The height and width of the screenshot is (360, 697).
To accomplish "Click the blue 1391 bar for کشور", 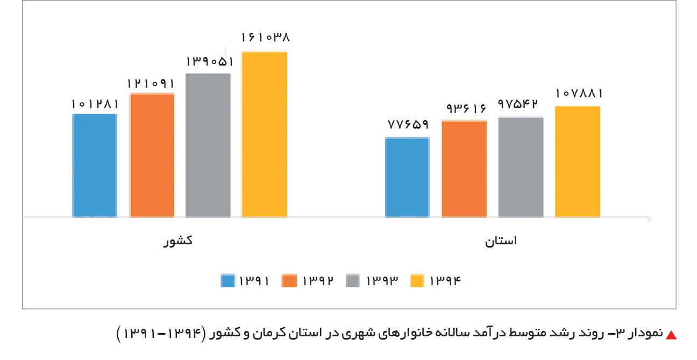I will tap(95, 165).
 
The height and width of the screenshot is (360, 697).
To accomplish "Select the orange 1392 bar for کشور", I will tap(152, 155).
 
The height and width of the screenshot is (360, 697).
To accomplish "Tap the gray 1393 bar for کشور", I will tap(208, 145).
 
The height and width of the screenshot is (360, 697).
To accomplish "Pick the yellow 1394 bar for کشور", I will tap(264, 134).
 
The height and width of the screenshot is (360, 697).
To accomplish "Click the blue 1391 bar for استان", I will tap(408, 177).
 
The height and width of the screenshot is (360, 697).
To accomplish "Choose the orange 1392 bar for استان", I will tap(464, 169).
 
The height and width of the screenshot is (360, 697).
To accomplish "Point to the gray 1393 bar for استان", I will tap(521, 167).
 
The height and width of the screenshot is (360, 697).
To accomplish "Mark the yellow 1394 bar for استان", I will tap(578, 161).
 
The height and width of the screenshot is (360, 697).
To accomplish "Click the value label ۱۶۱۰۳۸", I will tap(265, 38).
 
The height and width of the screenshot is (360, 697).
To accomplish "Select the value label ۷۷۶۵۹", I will tap(408, 125).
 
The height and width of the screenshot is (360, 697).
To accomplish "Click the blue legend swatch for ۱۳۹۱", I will tap(228, 281).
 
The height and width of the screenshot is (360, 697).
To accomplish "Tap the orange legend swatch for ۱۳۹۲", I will tap(290, 281).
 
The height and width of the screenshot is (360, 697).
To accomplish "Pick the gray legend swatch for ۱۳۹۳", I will tap(353, 281).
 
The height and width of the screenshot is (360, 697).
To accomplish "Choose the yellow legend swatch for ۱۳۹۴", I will tap(417, 281).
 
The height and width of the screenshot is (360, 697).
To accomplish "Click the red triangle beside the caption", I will tap(671, 335).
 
